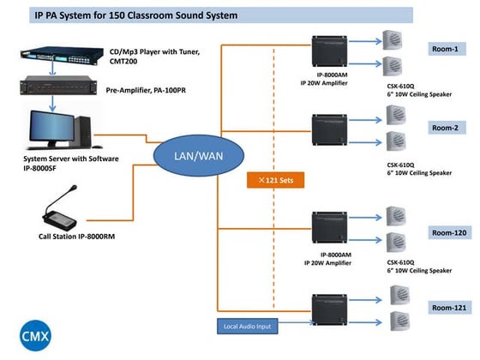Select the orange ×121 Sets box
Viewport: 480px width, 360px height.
point(275,181)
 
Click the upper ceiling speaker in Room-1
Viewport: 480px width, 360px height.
point(393,41)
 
